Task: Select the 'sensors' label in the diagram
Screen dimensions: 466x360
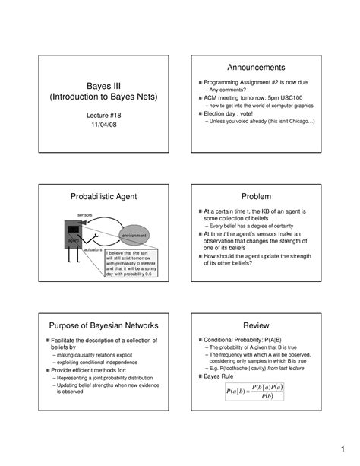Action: [x=84, y=215]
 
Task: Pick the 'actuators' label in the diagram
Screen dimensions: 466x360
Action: [x=93, y=249]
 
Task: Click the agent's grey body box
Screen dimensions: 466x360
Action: [x=73, y=233]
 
